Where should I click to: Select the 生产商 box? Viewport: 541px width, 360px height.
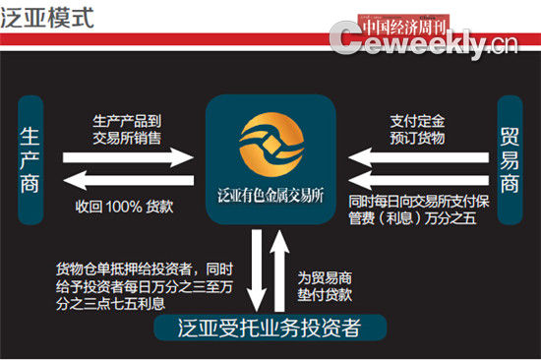(x=31, y=158)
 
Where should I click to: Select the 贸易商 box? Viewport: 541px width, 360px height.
(x=510, y=157)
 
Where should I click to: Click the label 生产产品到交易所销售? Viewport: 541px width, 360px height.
(x=127, y=125)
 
